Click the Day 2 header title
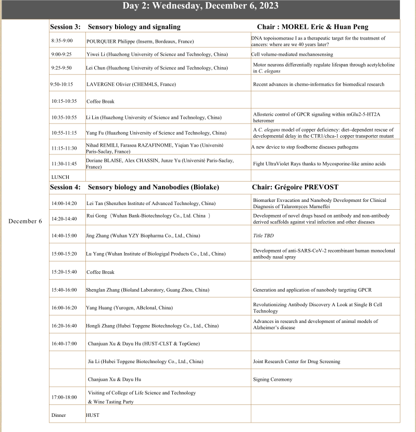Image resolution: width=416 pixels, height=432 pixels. (x=200, y=6)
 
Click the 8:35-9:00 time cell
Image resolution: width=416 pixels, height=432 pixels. (x=62, y=40)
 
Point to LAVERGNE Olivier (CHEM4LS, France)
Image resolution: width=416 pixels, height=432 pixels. (x=131, y=84)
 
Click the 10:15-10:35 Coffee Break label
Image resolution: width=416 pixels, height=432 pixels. (x=100, y=101)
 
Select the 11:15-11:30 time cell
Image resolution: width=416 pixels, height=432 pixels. (x=64, y=148)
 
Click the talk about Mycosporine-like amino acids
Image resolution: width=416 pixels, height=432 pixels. (x=319, y=163)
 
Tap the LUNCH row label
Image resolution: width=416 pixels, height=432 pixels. (x=60, y=177)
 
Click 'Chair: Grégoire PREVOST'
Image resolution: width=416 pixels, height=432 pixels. (x=295, y=187)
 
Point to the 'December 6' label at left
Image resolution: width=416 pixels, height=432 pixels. (x=25, y=221)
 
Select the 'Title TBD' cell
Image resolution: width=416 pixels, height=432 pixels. (x=263, y=235)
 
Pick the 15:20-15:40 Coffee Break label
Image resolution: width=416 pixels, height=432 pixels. (x=100, y=272)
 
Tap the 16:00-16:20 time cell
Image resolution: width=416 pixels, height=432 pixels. (x=64, y=308)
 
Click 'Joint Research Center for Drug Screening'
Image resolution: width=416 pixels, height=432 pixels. (x=296, y=361)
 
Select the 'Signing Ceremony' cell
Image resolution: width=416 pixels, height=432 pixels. (x=272, y=379)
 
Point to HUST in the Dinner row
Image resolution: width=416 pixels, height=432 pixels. (x=92, y=415)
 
